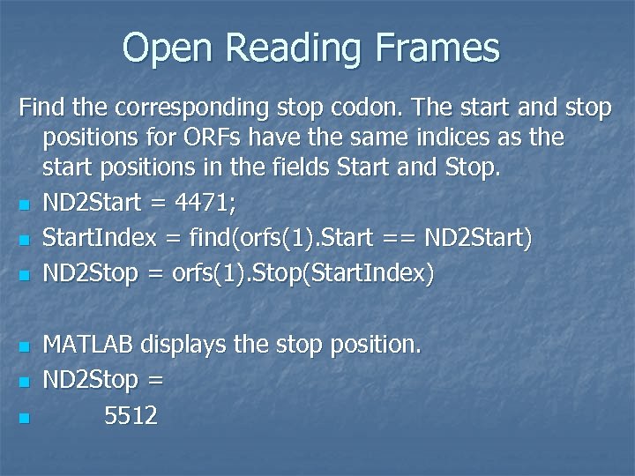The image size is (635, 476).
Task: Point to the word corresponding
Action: click(177, 108)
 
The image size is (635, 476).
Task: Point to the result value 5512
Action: click(131, 415)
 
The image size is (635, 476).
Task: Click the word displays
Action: click(183, 345)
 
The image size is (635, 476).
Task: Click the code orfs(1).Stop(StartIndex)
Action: click(301, 274)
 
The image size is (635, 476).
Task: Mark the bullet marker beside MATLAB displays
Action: click(26, 346)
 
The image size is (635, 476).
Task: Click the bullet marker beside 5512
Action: click(26, 417)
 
